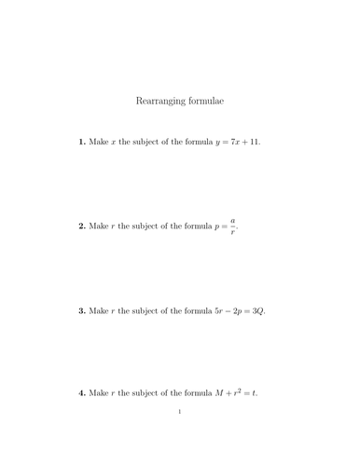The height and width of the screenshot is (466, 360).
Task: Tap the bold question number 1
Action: (x=81, y=143)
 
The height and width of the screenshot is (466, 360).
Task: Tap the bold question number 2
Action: (x=81, y=226)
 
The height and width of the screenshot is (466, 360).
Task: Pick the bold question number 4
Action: (x=81, y=392)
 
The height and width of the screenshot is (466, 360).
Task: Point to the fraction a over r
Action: (x=232, y=226)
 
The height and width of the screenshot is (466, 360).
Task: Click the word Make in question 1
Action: (x=99, y=143)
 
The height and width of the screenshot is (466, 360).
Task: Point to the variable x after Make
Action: (x=115, y=143)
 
